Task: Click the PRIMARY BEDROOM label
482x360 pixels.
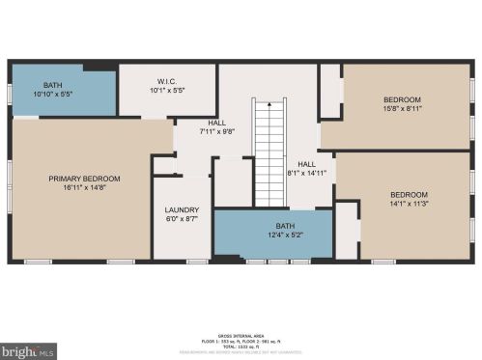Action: click(85, 179)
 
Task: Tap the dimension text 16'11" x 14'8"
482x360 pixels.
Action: click(85, 189)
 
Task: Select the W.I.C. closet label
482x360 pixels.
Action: click(165, 81)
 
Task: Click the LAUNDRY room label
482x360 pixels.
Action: click(182, 209)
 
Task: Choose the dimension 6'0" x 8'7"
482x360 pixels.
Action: click(182, 220)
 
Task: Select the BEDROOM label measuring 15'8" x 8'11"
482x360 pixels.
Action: click(402, 99)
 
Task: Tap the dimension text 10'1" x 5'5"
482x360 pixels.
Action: click(165, 92)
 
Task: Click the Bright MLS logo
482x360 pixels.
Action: click(30, 349)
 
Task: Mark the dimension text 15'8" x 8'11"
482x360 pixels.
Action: click(402, 110)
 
